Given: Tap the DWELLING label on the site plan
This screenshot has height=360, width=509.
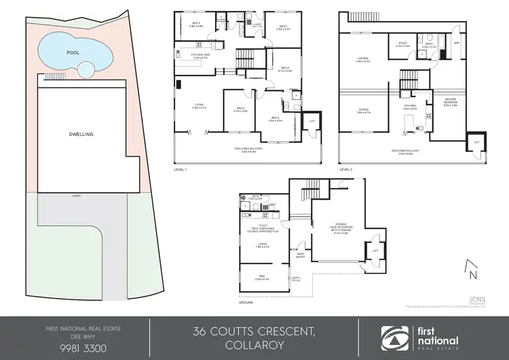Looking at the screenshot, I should pyautogui.click(x=80, y=134).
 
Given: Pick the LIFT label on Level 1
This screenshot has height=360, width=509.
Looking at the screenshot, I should pyautogui.click(x=312, y=121).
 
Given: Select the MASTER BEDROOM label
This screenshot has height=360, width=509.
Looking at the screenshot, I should pyautogui.click(x=451, y=103).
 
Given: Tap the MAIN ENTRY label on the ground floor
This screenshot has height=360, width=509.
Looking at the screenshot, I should pyautogui.click(x=301, y=256).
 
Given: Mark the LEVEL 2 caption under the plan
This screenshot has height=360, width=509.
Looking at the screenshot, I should pyautogui.click(x=346, y=169).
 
